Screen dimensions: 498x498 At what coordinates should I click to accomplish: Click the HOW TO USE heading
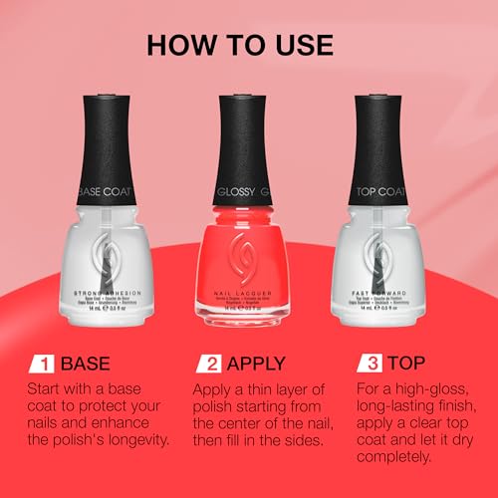tap(248, 47)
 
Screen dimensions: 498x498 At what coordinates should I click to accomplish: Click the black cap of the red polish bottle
tap(249, 129)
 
